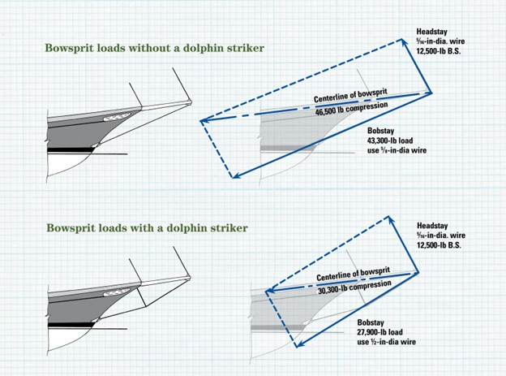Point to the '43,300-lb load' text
[x=386, y=140]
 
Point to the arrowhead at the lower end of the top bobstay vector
[x=232, y=176]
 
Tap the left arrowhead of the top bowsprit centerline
[x=203, y=123]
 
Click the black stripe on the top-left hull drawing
[x=81, y=150]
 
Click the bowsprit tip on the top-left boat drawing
[x=191, y=102]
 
